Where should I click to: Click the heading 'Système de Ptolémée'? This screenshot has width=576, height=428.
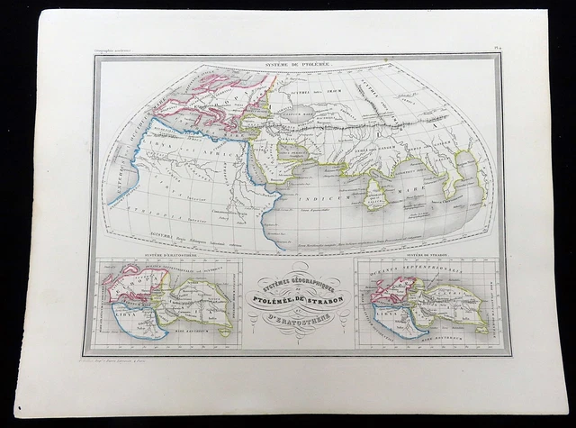298,66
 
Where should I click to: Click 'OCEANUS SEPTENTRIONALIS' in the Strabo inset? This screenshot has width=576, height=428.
423,269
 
